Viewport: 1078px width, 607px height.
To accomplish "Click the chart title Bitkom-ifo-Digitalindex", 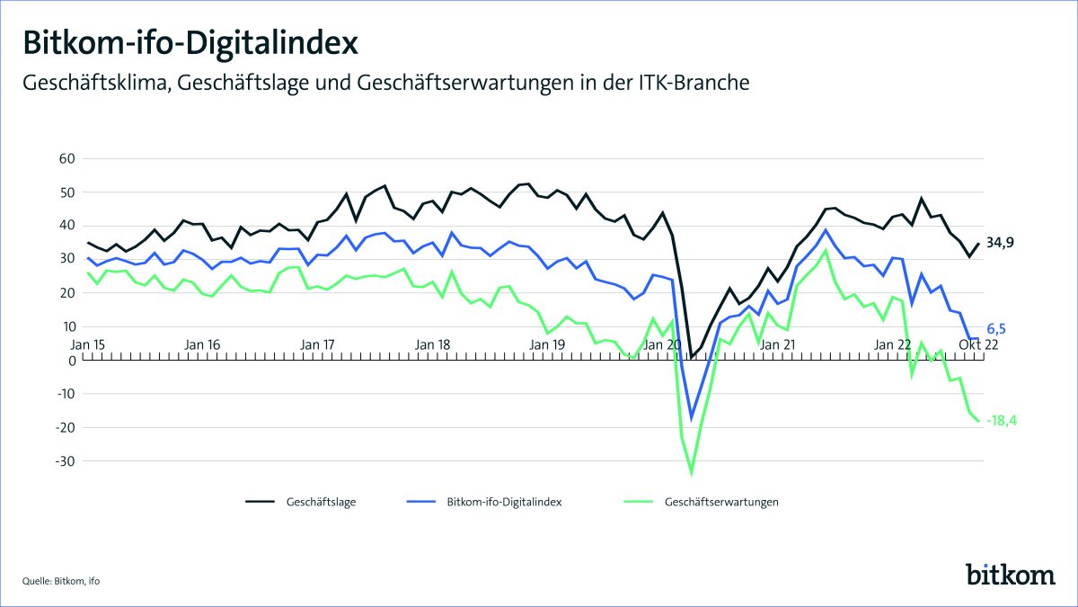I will (190, 42).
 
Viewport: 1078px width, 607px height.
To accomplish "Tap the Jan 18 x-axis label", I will (433, 344).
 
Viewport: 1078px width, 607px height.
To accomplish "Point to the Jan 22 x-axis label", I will (893, 344).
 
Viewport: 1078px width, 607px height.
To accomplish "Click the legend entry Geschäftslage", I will (322, 502).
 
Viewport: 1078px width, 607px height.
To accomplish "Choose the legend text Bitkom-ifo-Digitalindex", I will (504, 502).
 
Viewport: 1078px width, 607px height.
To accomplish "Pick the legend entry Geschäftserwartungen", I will (721, 502).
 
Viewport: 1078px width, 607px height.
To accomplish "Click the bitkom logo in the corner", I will (1010, 573).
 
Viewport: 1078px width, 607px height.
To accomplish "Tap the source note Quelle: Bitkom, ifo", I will (60, 581).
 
